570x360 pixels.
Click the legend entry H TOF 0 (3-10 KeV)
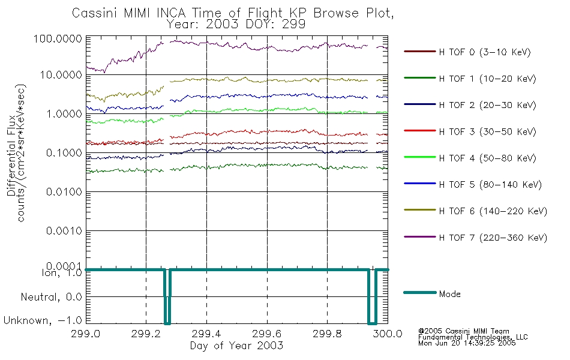(x=485, y=52)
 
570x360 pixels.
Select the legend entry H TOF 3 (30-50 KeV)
(x=487, y=131)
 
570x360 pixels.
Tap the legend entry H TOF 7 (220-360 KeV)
(x=493, y=238)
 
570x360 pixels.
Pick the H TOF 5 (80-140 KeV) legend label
(x=490, y=185)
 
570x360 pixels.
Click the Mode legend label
(x=449, y=294)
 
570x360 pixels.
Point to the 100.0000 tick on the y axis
(x=58, y=38)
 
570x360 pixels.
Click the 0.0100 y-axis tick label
(x=64, y=191)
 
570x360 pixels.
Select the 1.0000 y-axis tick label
(x=64, y=114)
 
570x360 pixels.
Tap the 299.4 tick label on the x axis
(x=206, y=334)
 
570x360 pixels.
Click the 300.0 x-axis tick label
(x=388, y=334)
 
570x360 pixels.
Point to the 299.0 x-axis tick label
(x=85, y=334)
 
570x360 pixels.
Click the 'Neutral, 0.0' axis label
(x=51, y=298)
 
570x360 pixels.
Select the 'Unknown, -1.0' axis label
(x=43, y=320)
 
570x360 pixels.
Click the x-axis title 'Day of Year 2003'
(x=236, y=346)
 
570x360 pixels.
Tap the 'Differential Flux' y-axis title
(x=11, y=155)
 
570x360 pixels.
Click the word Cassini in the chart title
(x=95, y=13)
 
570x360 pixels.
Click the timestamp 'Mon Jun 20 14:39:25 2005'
(x=467, y=343)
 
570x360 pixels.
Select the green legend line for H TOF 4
(x=420, y=157)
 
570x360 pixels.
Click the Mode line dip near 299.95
(x=372, y=323)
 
